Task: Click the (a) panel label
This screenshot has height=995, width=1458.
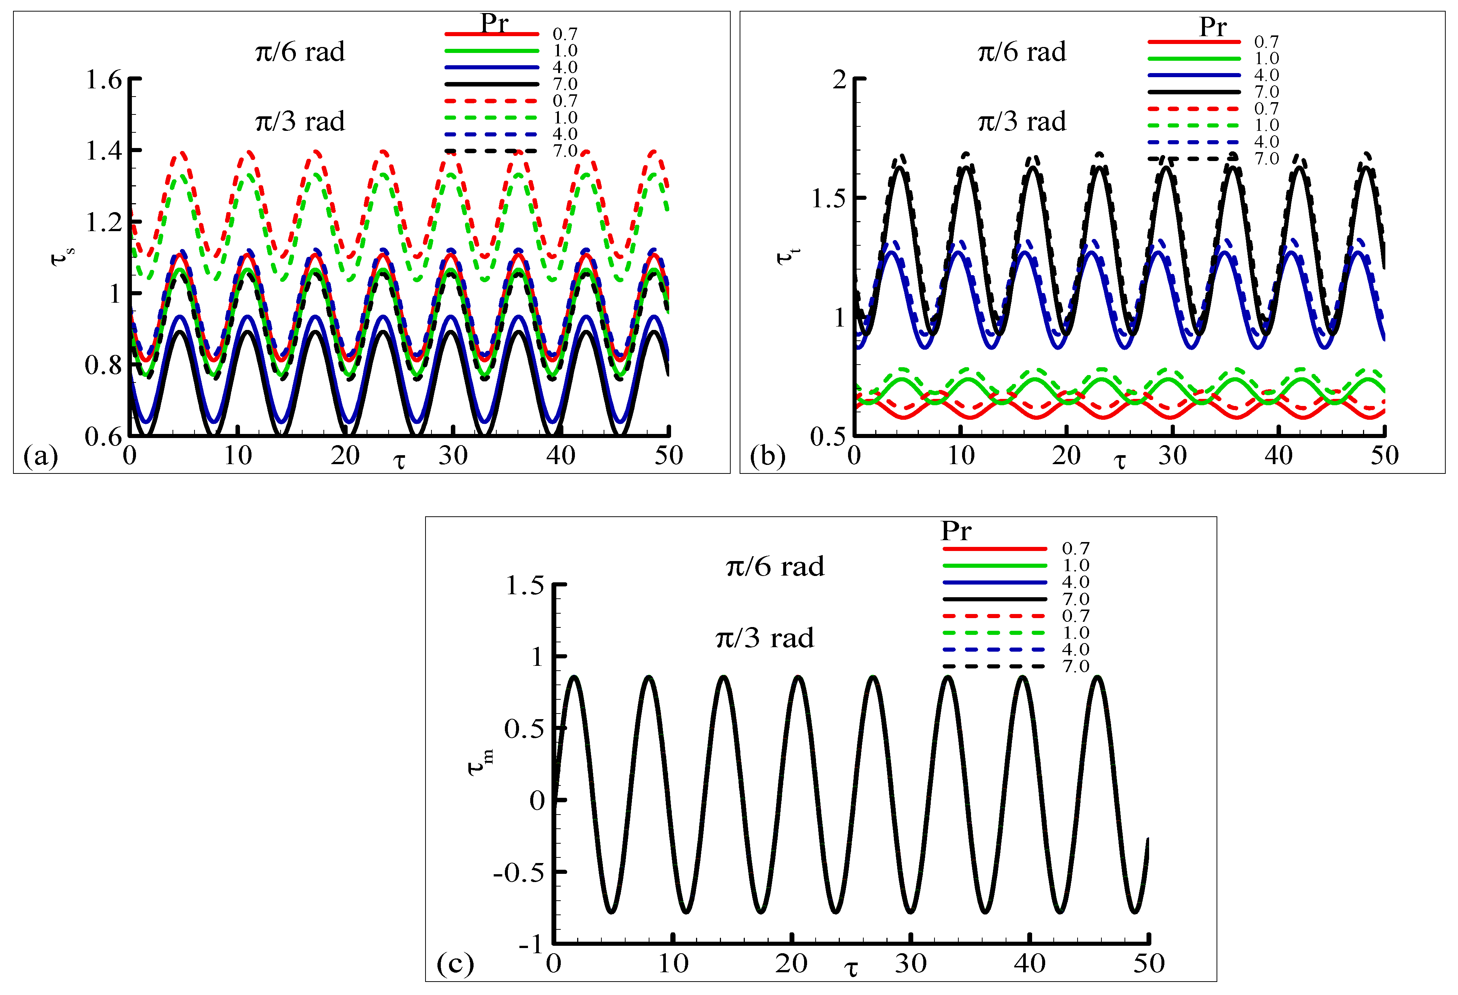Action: pyautogui.click(x=40, y=456)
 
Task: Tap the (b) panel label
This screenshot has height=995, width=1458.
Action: pyautogui.click(x=767, y=456)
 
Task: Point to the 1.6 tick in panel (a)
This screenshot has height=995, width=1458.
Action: pyautogui.click(x=104, y=80)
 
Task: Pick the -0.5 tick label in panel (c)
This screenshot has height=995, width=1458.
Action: pyautogui.click(x=518, y=872)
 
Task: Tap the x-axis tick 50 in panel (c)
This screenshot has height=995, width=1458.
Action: pyautogui.click(x=1148, y=963)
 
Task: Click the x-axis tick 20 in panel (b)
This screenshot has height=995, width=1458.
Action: pyautogui.click(x=1066, y=455)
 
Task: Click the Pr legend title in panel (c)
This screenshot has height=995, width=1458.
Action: pyautogui.click(x=955, y=531)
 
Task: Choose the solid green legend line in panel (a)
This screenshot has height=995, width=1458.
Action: pyautogui.click(x=492, y=51)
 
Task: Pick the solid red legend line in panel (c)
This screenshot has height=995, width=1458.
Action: pyautogui.click(x=994, y=549)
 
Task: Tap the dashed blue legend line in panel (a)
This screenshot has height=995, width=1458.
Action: pyautogui.click(x=492, y=134)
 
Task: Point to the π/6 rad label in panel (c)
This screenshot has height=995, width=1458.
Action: pyautogui.click(x=775, y=566)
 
